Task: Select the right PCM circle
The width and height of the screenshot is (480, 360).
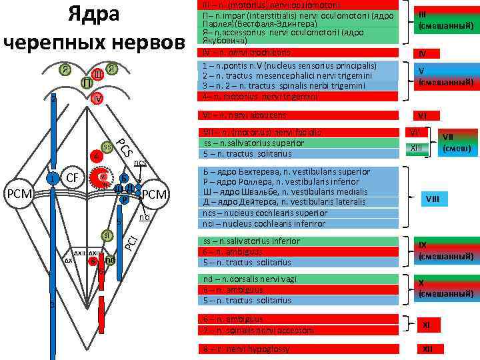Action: [x=153, y=193]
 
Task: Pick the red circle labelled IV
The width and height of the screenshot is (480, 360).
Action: [x=97, y=99]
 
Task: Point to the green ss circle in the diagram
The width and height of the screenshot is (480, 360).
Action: [x=107, y=146]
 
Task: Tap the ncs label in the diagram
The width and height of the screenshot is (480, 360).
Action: [x=140, y=163]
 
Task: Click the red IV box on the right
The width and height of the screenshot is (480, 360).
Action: [x=421, y=53]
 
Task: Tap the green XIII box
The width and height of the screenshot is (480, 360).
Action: [x=416, y=145]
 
